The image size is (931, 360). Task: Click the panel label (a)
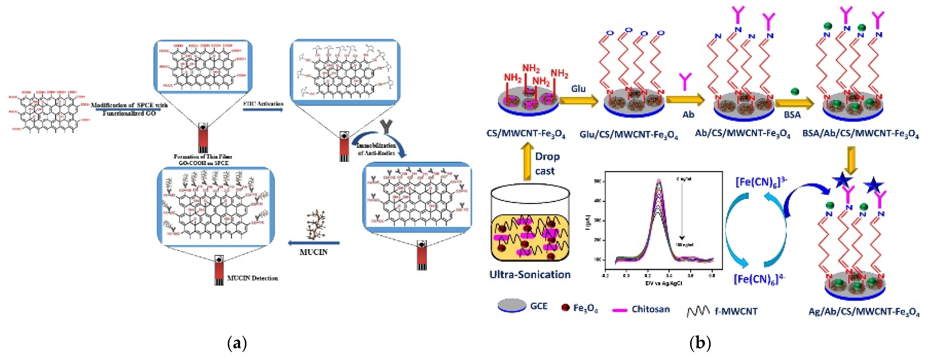pos(237,343)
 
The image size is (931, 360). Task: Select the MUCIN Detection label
pos(252,278)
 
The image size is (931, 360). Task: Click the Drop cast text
pos(547,163)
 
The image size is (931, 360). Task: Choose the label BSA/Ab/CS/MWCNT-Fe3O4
pos(860,134)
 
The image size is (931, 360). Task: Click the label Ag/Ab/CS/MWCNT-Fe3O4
pos(864,312)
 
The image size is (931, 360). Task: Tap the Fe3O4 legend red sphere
pos(565,307)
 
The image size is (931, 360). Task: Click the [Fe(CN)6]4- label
pos(759,279)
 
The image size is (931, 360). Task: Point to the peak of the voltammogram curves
pos(658,181)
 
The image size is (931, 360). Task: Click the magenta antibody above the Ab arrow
pos(685,81)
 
